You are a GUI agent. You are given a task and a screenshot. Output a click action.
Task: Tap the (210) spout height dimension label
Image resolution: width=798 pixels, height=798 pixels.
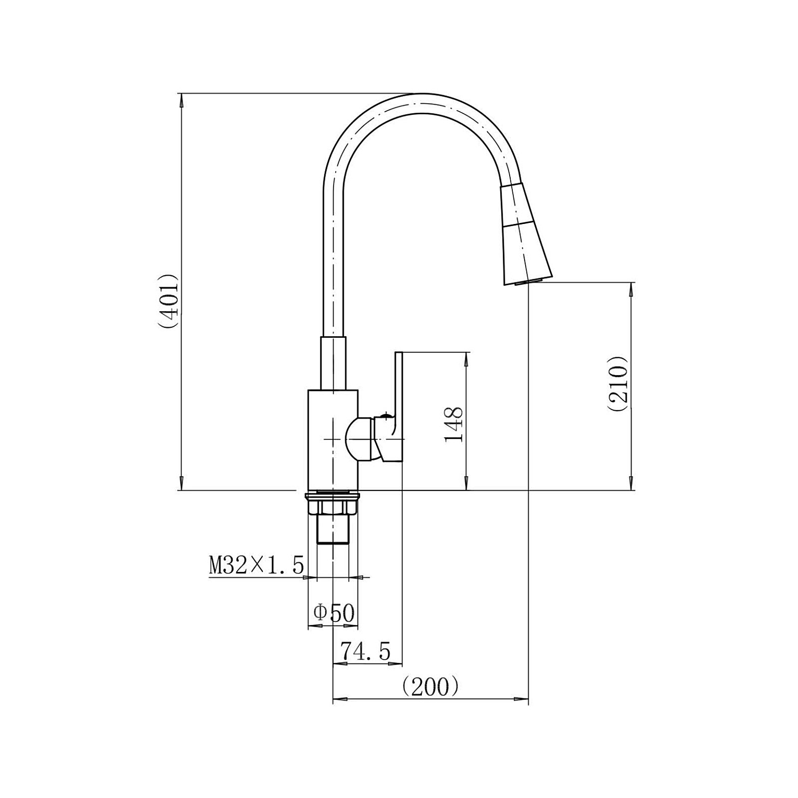tap(618, 384)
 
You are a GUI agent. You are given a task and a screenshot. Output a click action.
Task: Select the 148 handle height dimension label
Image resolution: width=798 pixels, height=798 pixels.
tap(454, 424)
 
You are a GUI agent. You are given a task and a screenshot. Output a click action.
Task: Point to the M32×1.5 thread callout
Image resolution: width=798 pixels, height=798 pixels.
tap(256, 564)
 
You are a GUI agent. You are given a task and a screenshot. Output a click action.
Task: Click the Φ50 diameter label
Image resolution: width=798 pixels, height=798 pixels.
tap(334, 613)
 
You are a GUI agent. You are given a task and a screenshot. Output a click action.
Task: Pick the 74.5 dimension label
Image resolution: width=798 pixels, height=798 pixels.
tap(365, 651)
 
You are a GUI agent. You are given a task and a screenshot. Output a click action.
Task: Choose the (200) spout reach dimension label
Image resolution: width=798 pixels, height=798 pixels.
tap(430, 686)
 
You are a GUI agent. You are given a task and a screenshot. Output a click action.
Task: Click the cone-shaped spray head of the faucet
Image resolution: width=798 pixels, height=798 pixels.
tap(526, 234)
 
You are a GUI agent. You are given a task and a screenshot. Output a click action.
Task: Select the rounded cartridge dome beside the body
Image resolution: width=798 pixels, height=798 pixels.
tap(359, 439)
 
